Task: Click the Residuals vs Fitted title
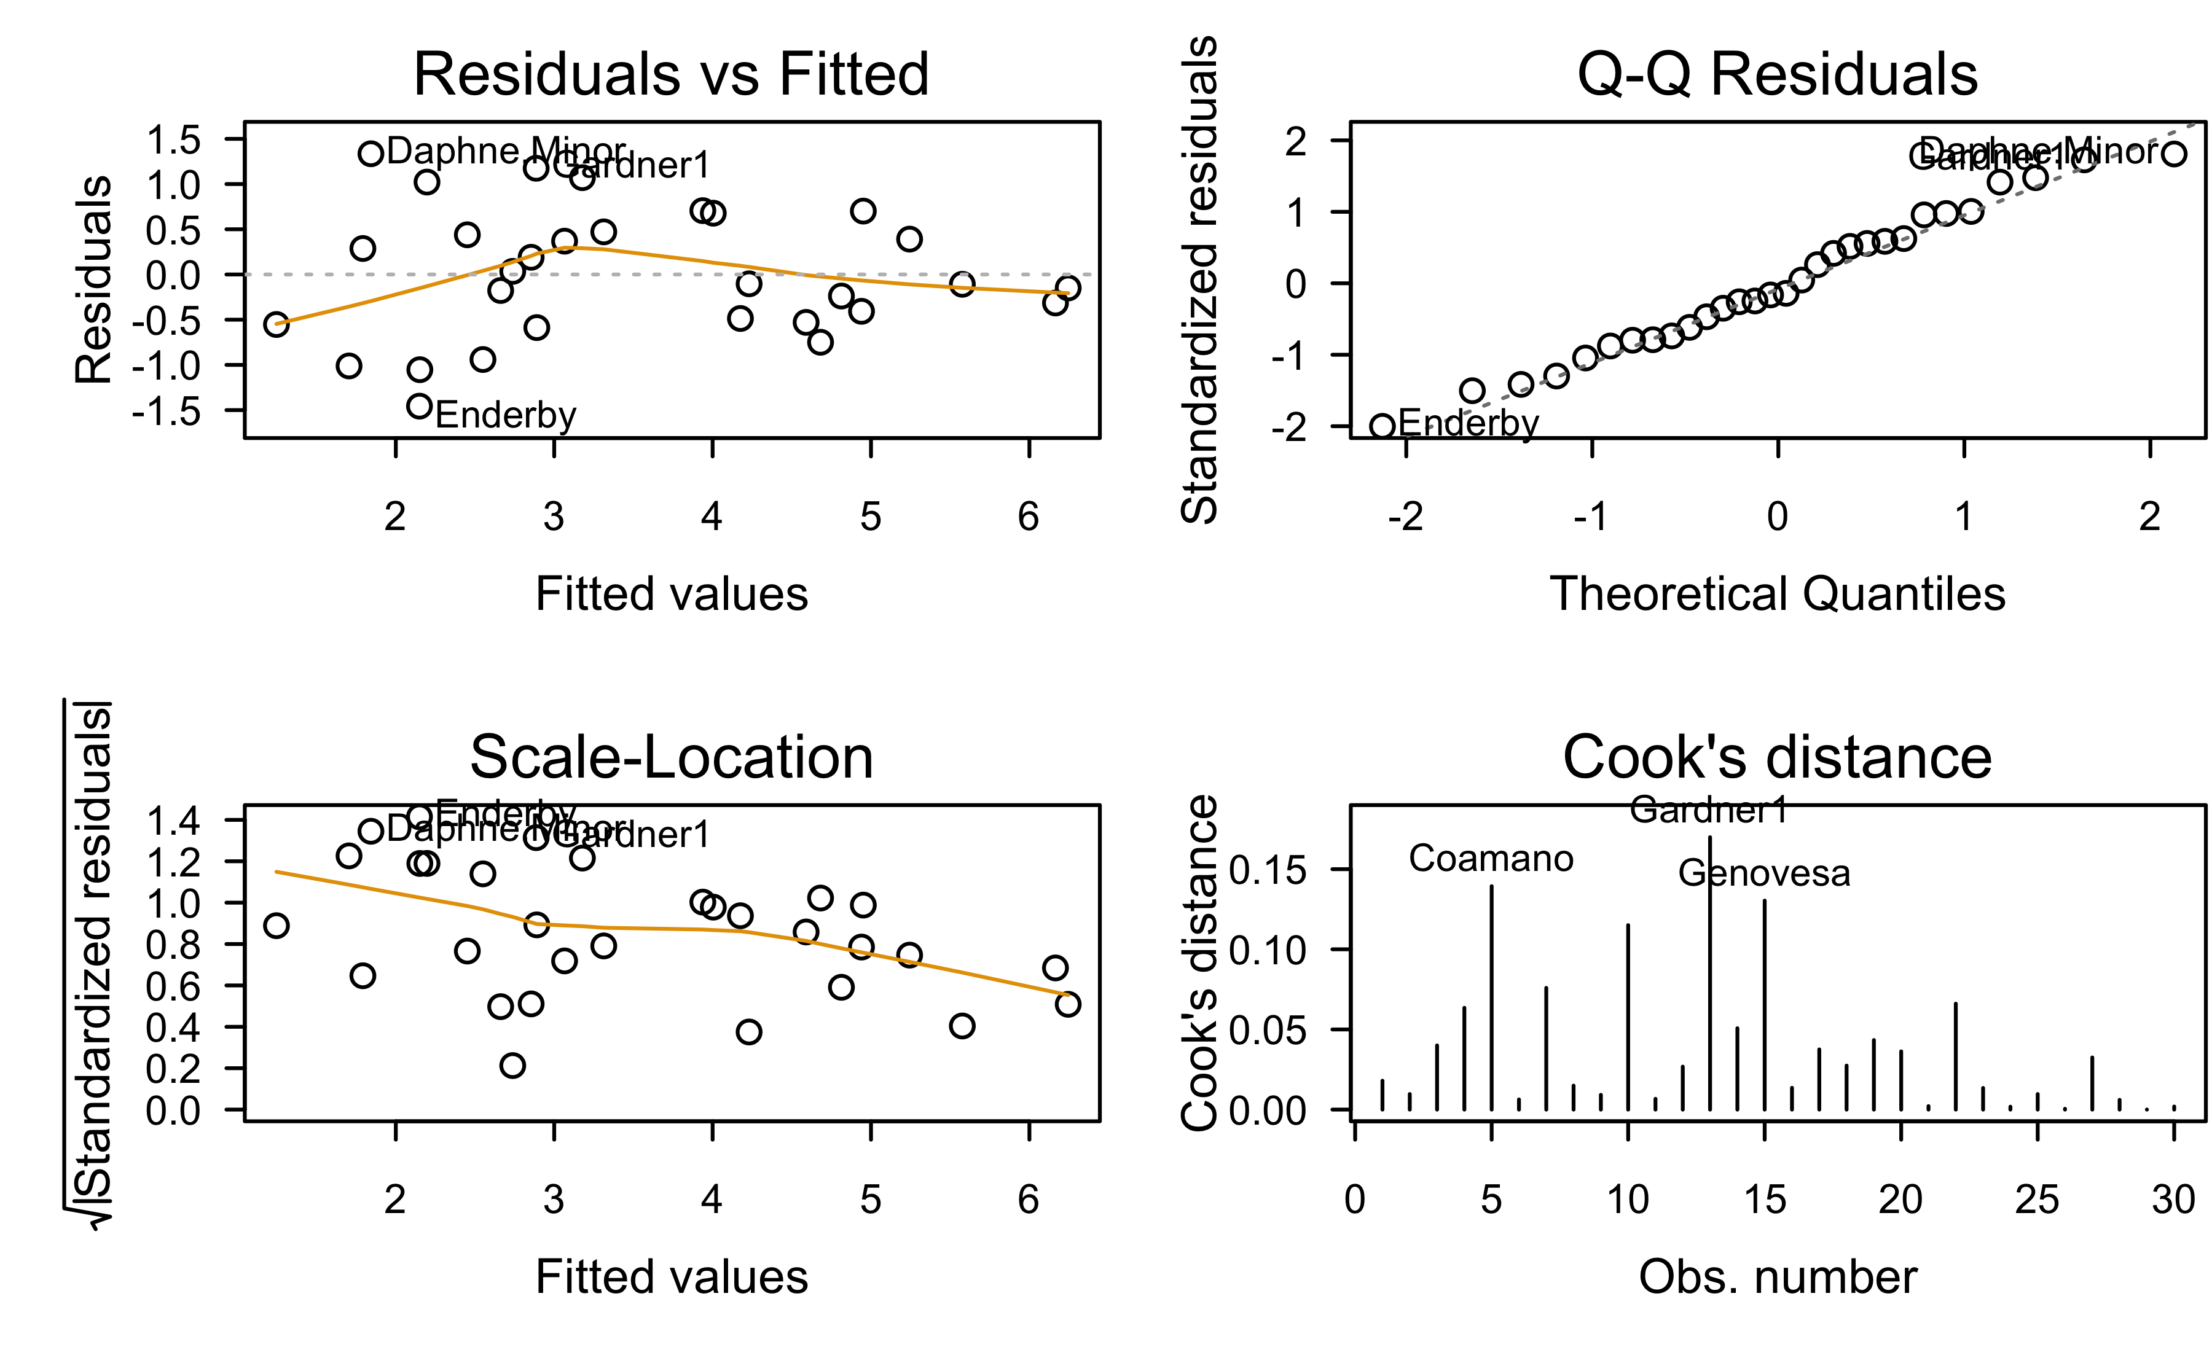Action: click(670, 74)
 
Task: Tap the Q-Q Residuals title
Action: click(1776, 74)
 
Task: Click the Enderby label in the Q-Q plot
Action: click(1467, 423)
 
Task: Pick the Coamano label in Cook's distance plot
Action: click(1490, 858)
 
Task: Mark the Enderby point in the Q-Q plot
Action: click(1382, 426)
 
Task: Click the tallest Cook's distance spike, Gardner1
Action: click(1709, 971)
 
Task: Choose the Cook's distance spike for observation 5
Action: click(1491, 994)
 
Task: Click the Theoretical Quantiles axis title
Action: click(1776, 595)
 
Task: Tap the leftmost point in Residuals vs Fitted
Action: click(276, 324)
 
